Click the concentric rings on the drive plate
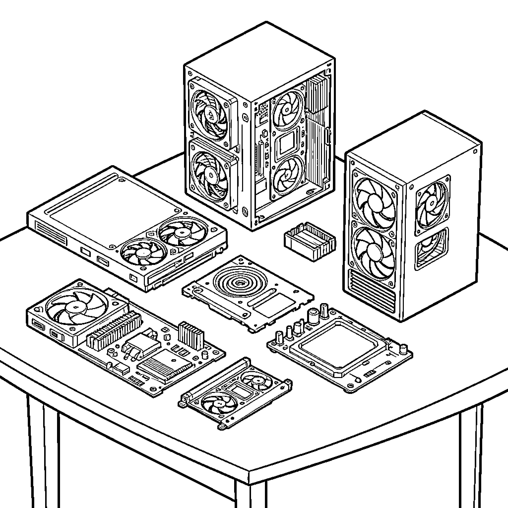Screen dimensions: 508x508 tap(240, 283)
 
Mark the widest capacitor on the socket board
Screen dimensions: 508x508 tap(313, 316)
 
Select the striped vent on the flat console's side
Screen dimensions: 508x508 tap(51, 233)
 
